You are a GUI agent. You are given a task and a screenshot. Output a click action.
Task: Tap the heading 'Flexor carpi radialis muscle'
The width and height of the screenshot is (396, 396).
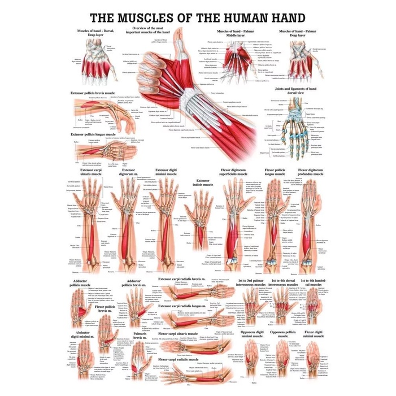186,359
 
